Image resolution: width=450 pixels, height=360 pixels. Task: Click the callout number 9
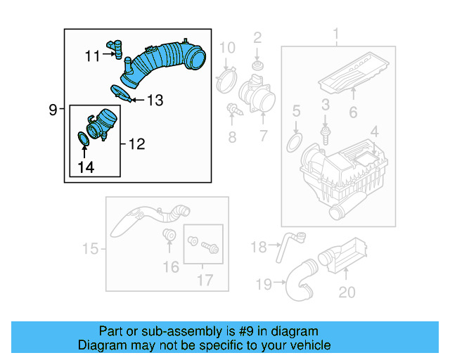[53, 110]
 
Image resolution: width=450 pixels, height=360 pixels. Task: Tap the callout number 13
[155, 101]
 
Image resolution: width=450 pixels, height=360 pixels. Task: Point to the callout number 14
[85, 167]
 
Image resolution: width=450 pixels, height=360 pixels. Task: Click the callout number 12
[136, 144]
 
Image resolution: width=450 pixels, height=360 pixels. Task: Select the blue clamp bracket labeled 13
[122, 91]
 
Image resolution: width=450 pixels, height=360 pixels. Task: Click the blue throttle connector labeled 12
[103, 123]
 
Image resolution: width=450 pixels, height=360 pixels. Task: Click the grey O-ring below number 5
[295, 143]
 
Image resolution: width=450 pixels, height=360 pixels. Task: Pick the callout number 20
[347, 292]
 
